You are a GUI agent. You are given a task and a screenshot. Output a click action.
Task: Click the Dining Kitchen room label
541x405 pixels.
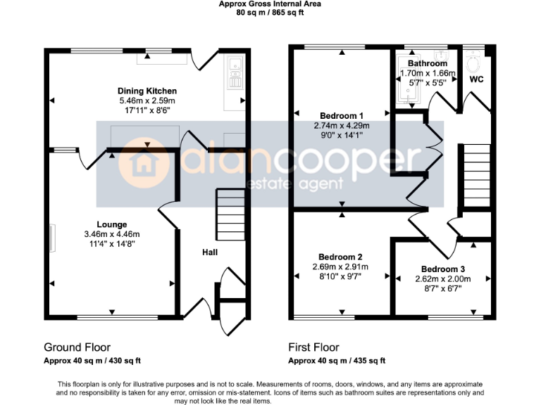(x=147, y=91)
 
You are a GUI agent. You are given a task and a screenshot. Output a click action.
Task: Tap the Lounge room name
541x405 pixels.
(x=111, y=224)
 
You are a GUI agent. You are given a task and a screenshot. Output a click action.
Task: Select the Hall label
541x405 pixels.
(x=210, y=252)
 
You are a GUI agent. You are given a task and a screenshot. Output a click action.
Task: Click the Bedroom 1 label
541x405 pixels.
(x=342, y=116)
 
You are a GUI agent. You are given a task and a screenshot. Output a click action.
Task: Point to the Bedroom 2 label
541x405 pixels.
(x=340, y=257)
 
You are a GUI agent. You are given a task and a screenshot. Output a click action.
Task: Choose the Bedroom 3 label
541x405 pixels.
(x=443, y=269)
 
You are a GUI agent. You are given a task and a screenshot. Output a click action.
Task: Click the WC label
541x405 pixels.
(x=476, y=79)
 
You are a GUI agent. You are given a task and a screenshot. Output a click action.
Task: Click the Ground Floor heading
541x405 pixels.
(x=77, y=347)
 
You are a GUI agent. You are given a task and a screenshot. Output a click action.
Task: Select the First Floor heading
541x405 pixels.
(x=313, y=347)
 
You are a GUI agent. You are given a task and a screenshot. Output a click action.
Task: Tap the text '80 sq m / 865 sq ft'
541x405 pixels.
(x=270, y=12)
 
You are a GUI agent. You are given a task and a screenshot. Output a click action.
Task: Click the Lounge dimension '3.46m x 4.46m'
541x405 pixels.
(x=111, y=234)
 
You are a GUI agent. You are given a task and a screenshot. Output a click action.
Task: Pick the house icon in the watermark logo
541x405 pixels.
(x=138, y=162)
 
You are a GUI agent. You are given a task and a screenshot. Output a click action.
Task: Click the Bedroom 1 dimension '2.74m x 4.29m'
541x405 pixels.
(x=342, y=126)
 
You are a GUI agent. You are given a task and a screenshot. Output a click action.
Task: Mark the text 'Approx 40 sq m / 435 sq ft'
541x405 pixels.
(x=337, y=361)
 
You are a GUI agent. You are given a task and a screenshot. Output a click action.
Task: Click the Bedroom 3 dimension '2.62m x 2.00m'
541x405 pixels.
(x=443, y=279)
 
